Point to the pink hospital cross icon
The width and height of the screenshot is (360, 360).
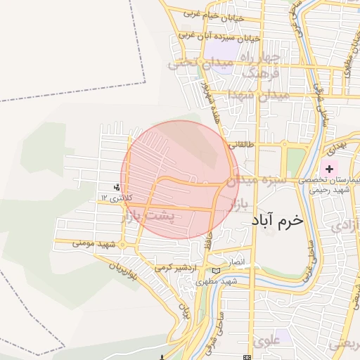point(329,169)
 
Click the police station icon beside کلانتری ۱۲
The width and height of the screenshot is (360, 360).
point(117,187)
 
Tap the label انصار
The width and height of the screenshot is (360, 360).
point(236,262)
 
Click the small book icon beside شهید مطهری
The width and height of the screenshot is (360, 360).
point(215,271)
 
